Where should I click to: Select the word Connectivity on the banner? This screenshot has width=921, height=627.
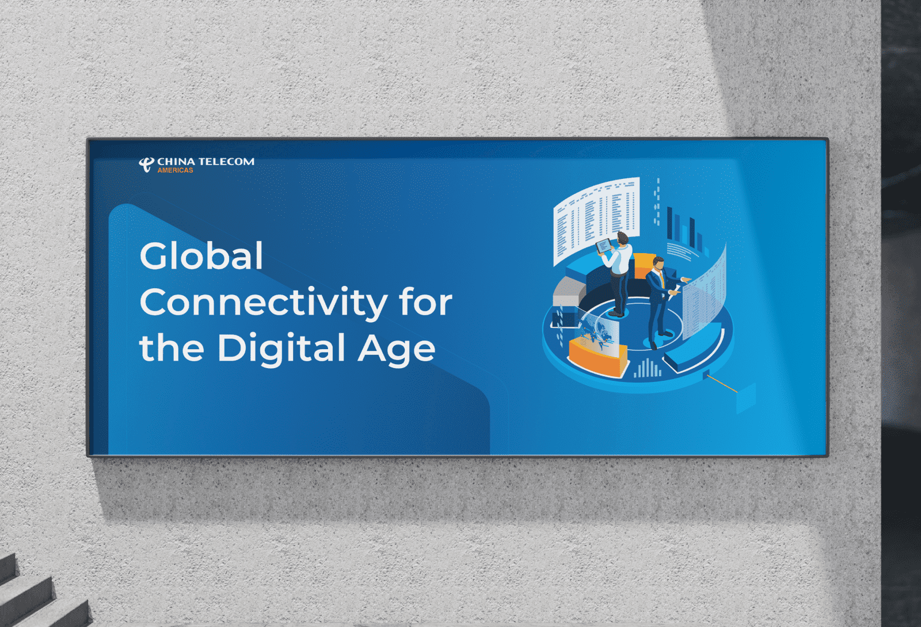pyautogui.click(x=263, y=302)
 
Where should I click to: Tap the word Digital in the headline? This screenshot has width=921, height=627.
pyautogui.click(x=281, y=349)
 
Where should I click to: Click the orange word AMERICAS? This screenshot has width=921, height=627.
pyautogui.click(x=175, y=170)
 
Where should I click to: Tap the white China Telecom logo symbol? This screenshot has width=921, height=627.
pyautogui.click(x=146, y=165)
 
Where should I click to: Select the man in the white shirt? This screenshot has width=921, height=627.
pyautogui.click(x=616, y=274)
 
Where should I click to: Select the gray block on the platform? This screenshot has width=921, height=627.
pyautogui.click(x=569, y=292)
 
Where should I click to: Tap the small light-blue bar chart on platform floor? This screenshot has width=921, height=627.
pyautogui.click(x=648, y=368)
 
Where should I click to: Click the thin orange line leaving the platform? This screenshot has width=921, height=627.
pyautogui.click(x=722, y=384)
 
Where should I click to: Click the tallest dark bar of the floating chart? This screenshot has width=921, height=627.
pyautogui.click(x=669, y=223)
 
